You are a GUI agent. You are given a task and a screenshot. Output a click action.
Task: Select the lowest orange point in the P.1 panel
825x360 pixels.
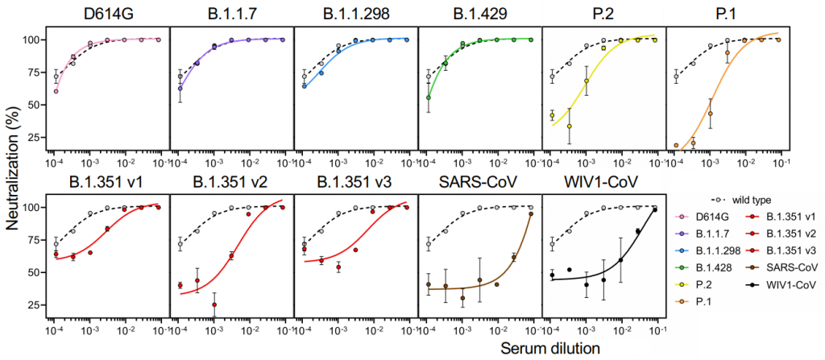[x=676, y=146]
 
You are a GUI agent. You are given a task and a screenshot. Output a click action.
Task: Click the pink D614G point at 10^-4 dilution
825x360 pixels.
[x=56, y=91]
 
